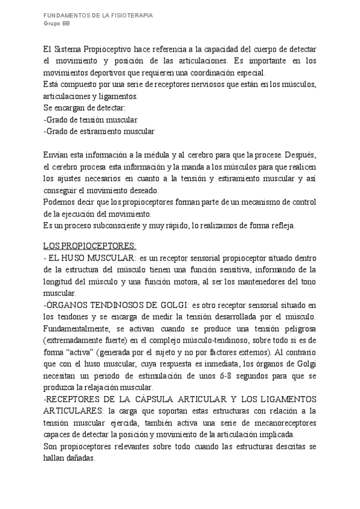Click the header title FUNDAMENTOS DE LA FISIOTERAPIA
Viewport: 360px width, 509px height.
pos(98,15)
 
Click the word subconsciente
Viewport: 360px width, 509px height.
pos(117,225)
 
